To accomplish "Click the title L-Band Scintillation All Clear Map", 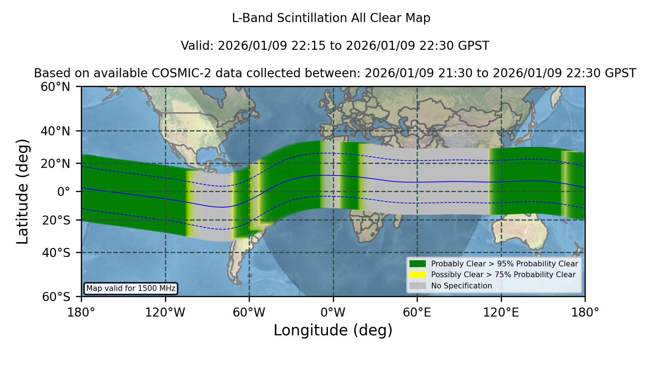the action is pos(331,18).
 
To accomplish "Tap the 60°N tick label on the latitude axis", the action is pos(55,87).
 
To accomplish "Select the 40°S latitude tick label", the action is pos(56,253).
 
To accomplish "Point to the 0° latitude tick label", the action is pos(64,192).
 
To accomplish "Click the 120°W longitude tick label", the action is pos(165,312).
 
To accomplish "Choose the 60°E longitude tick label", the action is pos(417,312).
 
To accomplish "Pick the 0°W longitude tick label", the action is pos(333,312).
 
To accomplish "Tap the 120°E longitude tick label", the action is pos(501,312).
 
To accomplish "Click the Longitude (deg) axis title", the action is pos(333,330).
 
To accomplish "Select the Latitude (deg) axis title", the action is pos(23,191).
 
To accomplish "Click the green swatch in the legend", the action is pos(417,263).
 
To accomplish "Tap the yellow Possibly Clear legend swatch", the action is pos(417,275).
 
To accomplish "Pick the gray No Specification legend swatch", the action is pos(417,286).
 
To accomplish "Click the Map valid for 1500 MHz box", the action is pos(131,288).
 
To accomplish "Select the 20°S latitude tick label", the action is pos(56,220).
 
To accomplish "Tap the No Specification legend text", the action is pos(461,286).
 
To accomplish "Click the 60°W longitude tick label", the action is pos(249,312).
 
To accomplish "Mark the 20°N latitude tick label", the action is pos(55,164).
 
